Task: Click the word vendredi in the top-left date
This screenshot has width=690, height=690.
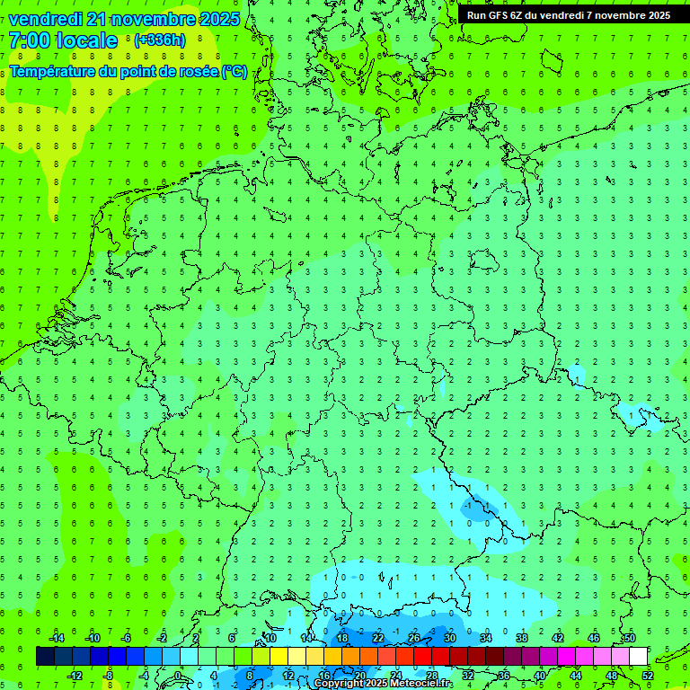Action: [46, 19]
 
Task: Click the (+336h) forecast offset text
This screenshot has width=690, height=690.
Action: [160, 40]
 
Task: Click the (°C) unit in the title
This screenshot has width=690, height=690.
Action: [234, 71]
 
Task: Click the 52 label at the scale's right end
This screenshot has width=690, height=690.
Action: [647, 676]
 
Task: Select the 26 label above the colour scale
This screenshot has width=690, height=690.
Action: [413, 638]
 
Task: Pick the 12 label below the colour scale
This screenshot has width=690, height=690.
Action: [288, 676]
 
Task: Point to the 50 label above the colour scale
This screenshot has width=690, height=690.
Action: [629, 638]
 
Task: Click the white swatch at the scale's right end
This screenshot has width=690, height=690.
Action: [638, 657]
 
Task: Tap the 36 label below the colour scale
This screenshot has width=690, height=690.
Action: [503, 676]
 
